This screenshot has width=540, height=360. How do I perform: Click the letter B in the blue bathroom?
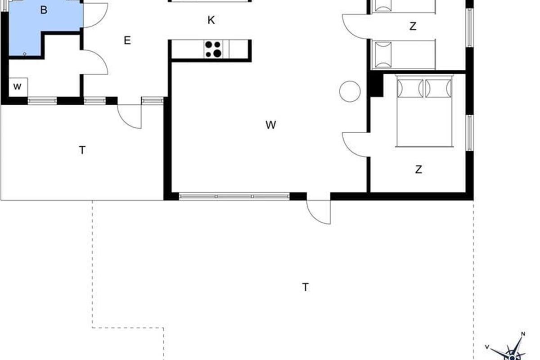[44, 10]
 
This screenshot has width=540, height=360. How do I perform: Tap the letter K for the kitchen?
[211, 20]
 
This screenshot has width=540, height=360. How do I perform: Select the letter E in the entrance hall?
[127, 40]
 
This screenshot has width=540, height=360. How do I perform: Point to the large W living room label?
[271, 125]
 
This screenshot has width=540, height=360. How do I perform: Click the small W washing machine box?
[18, 87]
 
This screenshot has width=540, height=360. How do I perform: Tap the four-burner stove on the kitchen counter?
[213, 49]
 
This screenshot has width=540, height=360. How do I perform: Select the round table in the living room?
[350, 91]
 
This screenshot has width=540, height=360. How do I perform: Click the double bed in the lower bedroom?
[424, 111]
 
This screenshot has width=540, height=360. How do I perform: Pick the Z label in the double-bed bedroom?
[419, 170]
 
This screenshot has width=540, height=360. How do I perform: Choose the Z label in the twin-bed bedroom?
[413, 26]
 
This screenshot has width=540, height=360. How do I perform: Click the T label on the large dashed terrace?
[306, 287]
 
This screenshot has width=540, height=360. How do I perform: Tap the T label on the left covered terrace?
[82, 150]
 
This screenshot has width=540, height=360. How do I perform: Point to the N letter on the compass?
[523, 334]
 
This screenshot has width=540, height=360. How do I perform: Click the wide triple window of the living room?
[234, 197]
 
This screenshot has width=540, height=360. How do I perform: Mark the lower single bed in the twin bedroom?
[404, 54]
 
